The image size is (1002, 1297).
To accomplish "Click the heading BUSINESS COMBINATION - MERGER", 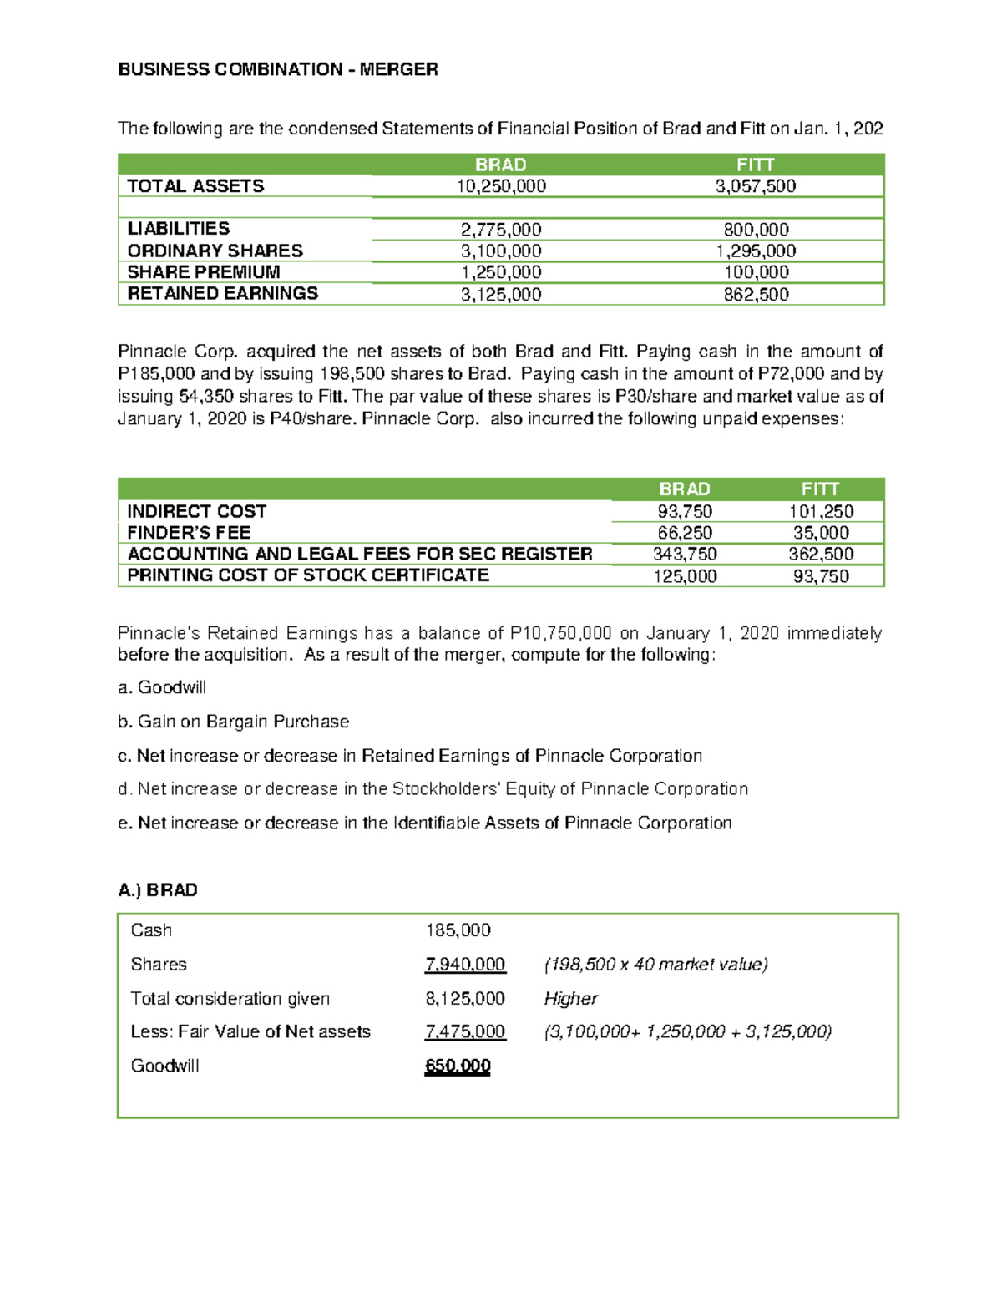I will click(x=277, y=69).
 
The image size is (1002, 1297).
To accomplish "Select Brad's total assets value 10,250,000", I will click(x=501, y=186).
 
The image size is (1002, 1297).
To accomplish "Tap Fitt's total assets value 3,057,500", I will click(x=756, y=186).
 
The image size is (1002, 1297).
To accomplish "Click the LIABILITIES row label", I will click(x=179, y=229).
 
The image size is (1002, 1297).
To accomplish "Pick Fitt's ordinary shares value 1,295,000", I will click(x=756, y=251).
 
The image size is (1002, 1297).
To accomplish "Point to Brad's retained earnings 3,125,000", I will click(x=501, y=294).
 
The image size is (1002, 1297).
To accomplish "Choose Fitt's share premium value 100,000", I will click(x=756, y=272).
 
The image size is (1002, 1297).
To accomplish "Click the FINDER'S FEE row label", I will click(x=189, y=533).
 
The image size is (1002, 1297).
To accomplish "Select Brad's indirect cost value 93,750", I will click(x=685, y=511).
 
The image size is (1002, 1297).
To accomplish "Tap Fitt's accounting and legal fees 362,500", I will click(x=821, y=554).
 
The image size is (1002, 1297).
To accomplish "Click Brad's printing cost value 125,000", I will click(x=685, y=576).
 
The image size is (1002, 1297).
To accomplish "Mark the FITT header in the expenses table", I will click(x=820, y=489).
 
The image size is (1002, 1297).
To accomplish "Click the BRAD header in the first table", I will click(x=501, y=165).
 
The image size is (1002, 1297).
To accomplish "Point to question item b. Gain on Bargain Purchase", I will click(x=234, y=722).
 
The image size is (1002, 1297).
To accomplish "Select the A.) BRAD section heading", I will click(x=158, y=890).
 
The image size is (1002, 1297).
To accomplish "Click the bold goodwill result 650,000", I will click(x=458, y=1066).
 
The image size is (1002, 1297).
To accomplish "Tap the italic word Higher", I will click(x=571, y=999).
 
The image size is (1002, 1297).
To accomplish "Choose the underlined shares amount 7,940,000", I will click(x=465, y=965).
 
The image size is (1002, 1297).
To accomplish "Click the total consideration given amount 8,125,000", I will click(x=465, y=999).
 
